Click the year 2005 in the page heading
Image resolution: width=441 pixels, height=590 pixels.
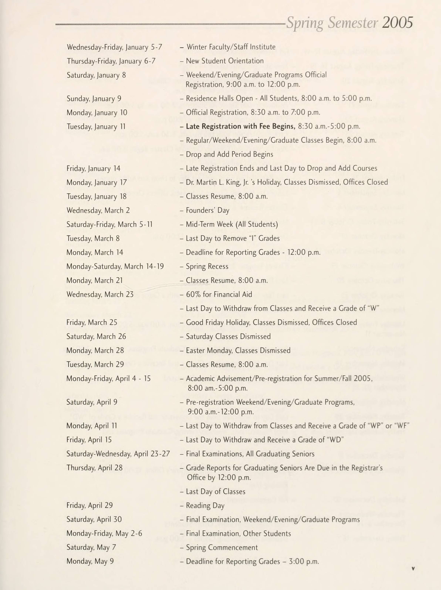point(398,22)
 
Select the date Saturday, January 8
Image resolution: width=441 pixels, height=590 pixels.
point(96,75)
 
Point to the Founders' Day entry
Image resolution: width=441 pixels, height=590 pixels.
point(208,210)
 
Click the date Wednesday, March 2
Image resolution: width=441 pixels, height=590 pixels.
point(98,210)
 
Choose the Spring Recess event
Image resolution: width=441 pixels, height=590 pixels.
point(207,266)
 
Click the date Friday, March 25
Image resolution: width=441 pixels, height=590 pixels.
point(92,322)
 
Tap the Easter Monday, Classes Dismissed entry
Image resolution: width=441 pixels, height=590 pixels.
point(238,351)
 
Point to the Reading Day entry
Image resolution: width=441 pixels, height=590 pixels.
point(205,506)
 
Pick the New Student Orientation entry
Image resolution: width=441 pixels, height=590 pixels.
point(225,61)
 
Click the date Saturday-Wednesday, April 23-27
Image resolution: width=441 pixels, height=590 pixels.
point(118,454)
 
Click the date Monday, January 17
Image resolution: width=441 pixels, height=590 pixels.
point(96,182)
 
